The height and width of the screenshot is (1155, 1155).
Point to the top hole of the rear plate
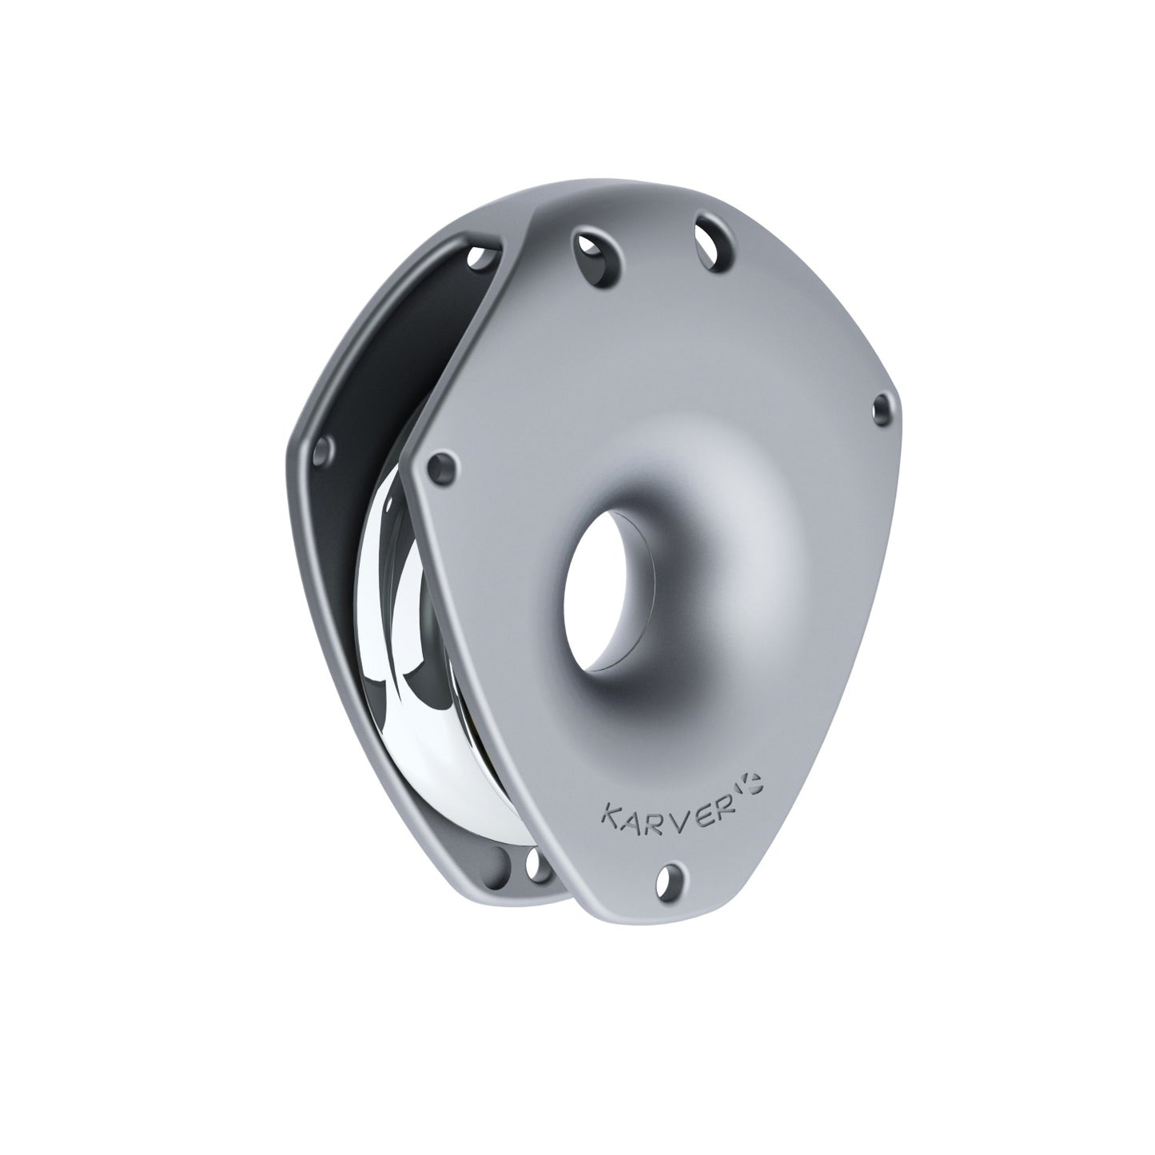coord(480,257)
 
